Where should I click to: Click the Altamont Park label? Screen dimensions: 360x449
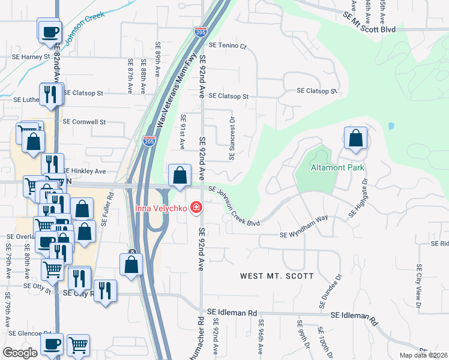(x=338, y=168)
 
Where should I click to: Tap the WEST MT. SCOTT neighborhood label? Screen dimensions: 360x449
(x=277, y=276)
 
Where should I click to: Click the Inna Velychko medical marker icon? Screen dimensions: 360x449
(x=195, y=208)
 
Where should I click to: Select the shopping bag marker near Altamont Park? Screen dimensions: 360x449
(x=355, y=138)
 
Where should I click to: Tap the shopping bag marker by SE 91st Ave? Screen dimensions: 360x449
(x=179, y=176)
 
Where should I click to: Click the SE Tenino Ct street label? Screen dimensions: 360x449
(x=228, y=46)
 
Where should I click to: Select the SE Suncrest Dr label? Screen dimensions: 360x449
(x=232, y=137)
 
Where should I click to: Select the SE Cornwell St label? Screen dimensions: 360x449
(x=84, y=121)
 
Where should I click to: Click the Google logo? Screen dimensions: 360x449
(x=20, y=352)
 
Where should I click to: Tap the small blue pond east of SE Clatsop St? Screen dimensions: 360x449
(x=391, y=127)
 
